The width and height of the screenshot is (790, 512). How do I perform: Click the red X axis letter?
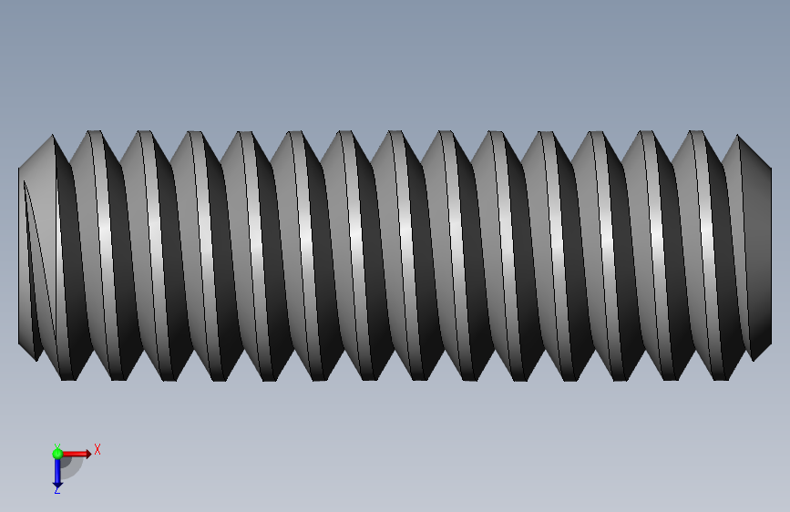pos(97,449)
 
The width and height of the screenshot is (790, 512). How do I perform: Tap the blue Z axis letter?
pos(56,489)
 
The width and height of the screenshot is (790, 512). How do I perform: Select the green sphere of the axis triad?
pos(57,454)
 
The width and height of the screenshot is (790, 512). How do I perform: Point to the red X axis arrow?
pos(77,454)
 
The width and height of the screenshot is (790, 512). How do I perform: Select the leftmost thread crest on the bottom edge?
pos(68,378)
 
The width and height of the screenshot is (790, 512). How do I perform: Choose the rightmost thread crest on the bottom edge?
pos(721,378)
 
